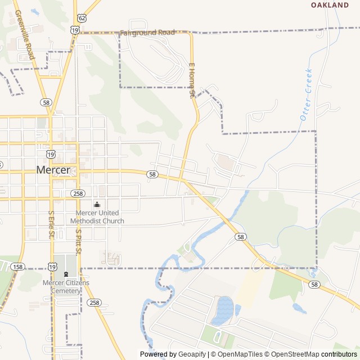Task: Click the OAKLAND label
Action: pos(330,5)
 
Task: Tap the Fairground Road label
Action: pos(147,33)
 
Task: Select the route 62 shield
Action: pos(83,18)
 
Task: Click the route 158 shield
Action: pos(18,267)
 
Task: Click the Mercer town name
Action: pos(53,169)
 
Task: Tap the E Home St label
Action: pos(191,81)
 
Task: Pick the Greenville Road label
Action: pos(24,35)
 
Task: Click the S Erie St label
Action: pos(52,224)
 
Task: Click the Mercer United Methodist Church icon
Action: pos(97,205)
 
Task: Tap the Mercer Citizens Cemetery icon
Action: pos(66,274)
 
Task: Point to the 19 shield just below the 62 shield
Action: pos(75,29)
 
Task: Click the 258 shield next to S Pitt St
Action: pos(93,303)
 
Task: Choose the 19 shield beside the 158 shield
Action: pos(52,267)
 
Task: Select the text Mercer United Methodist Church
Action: pos(100,217)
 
